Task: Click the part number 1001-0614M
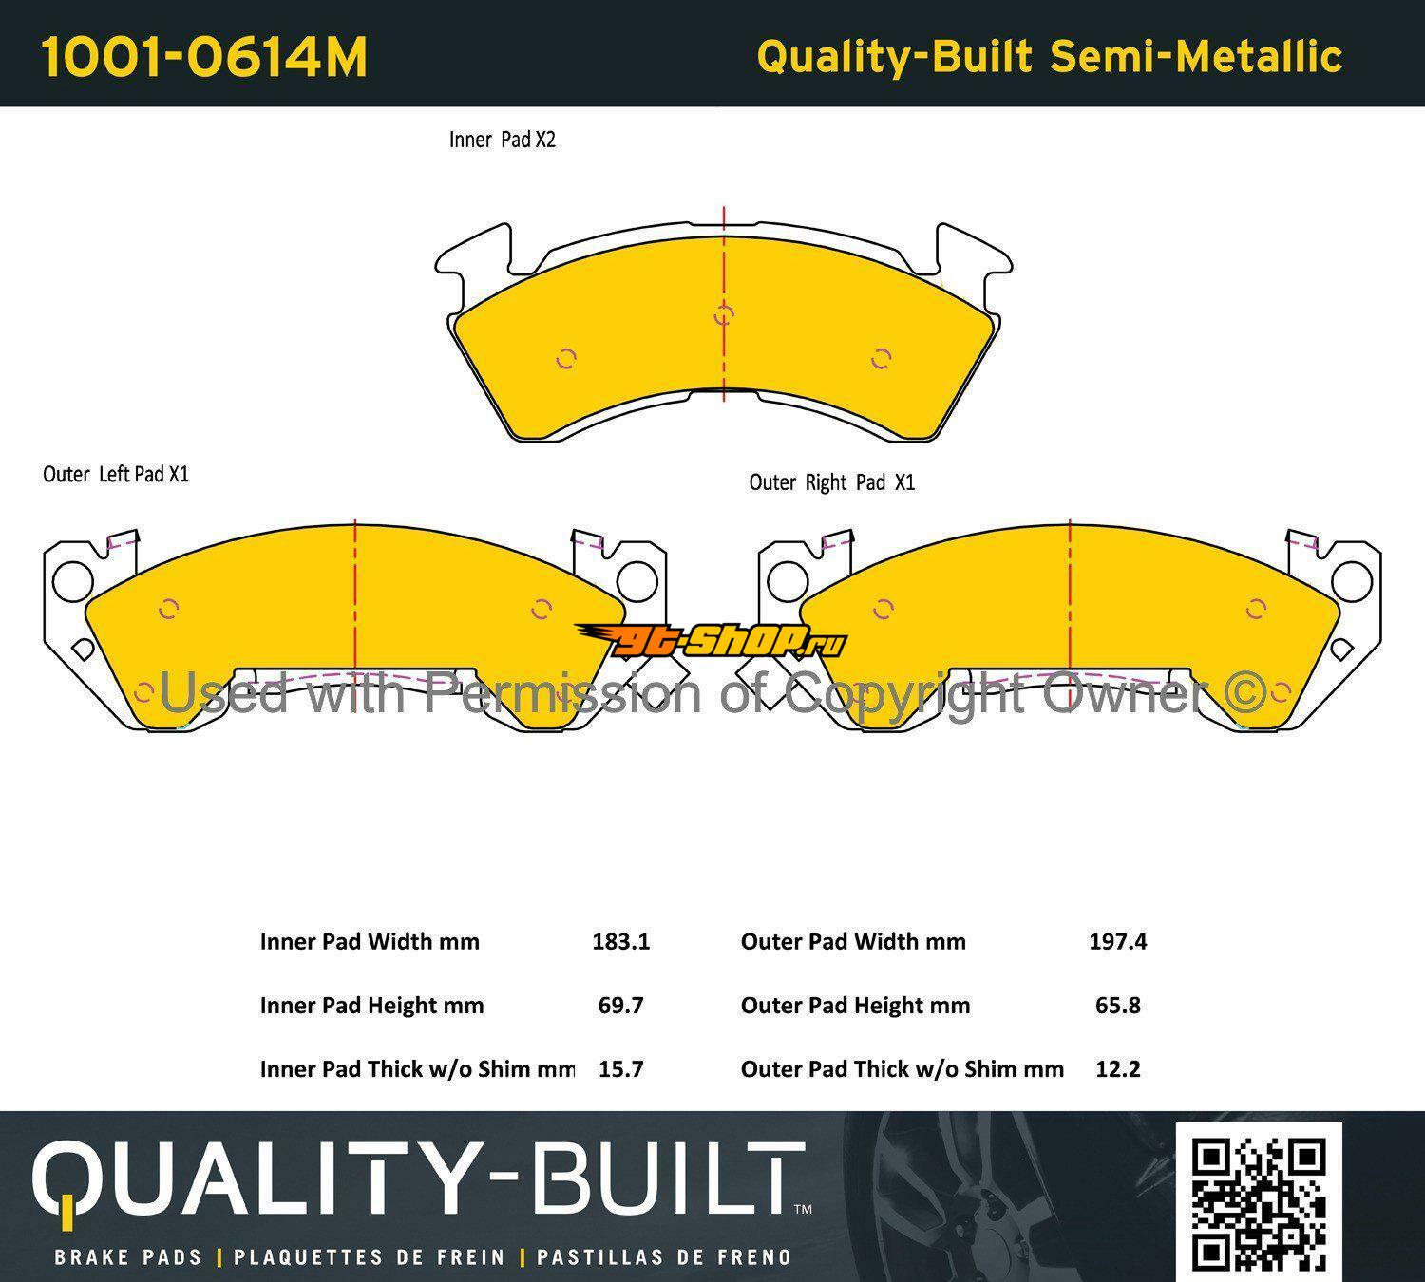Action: tap(204, 57)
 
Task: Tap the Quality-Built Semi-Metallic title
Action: tap(1049, 57)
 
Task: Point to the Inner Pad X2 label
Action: tap(503, 140)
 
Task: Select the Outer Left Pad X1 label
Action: tap(116, 475)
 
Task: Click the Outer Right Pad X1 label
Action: tap(832, 483)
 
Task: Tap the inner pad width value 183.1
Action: tap(621, 942)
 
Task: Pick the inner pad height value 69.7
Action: tap(621, 1006)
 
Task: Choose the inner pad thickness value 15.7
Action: tap(621, 1069)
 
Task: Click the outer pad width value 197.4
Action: tap(1117, 942)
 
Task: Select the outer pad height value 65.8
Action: tap(1117, 1006)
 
